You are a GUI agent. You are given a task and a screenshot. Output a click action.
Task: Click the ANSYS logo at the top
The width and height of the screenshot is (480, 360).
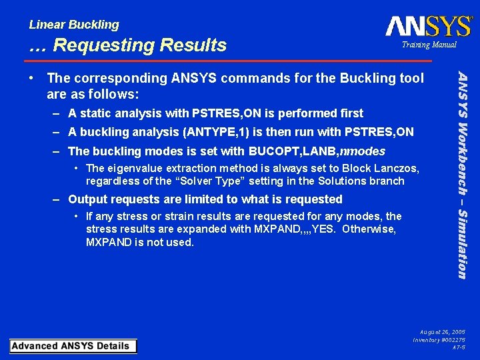pos(429,26)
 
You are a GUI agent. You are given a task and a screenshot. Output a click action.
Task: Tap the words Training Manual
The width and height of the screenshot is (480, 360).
pos(429,45)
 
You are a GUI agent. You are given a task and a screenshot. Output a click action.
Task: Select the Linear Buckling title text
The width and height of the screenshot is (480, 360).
pos(74,25)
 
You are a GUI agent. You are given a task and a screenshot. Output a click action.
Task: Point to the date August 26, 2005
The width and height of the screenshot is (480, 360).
pos(442,331)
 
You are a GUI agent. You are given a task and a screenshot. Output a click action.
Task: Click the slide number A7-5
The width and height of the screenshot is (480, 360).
pos(459,348)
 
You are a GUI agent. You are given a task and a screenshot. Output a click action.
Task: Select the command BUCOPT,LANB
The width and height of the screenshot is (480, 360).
pos(293,151)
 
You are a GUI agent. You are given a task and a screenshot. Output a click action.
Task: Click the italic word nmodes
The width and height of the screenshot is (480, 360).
pos(363,151)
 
